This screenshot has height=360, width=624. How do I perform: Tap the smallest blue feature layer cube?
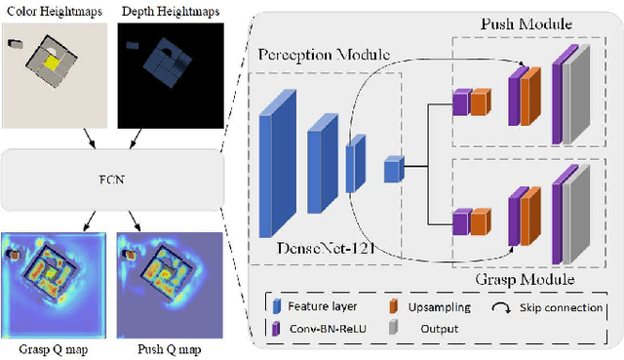click(x=392, y=169)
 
